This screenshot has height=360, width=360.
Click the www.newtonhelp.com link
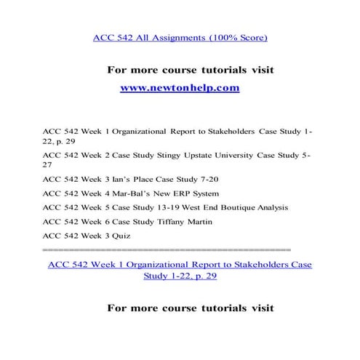click(179, 88)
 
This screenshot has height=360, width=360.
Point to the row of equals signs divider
click(167, 249)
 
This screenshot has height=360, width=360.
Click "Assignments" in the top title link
click(155, 36)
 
